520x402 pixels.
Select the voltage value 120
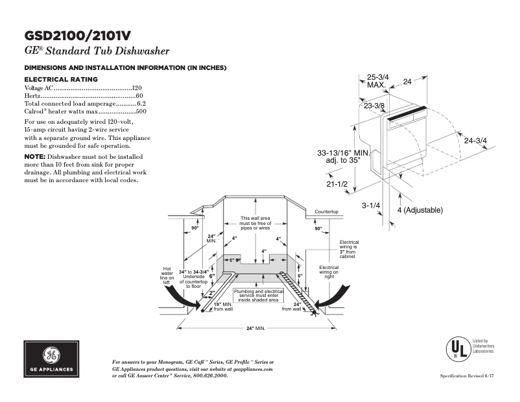click(x=137, y=87)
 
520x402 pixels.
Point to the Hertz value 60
click(x=139, y=95)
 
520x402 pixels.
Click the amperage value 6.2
click(x=141, y=103)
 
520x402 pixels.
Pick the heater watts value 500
click(x=140, y=112)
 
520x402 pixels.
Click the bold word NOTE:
click(x=34, y=157)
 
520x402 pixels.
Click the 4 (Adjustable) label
click(x=420, y=210)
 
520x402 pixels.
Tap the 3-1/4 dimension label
click(x=371, y=206)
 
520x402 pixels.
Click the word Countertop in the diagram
click(x=326, y=212)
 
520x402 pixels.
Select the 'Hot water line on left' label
click(x=167, y=276)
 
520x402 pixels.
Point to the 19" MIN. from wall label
click(x=223, y=306)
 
